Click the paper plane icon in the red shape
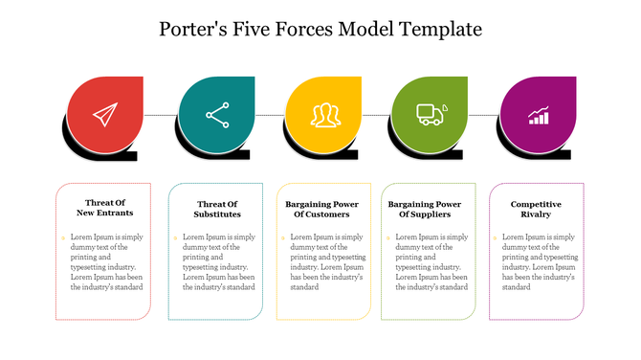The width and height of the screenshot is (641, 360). (103, 115)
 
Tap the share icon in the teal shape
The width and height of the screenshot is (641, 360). (217, 115)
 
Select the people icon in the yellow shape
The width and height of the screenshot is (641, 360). (325, 115)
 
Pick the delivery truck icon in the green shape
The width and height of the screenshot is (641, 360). (431, 115)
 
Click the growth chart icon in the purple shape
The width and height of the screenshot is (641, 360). (540, 115)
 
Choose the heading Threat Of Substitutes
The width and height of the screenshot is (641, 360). (217, 209)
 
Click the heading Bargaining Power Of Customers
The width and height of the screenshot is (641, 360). (322, 209)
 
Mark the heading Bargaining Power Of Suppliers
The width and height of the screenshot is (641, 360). (425, 209)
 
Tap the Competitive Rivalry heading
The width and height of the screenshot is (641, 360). (535, 209)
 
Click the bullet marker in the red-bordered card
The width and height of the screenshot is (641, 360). (65, 236)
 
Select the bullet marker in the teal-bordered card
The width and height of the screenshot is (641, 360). (176, 236)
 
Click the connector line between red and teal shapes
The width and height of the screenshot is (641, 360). (161, 115)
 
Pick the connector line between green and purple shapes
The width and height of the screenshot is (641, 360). (485, 115)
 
